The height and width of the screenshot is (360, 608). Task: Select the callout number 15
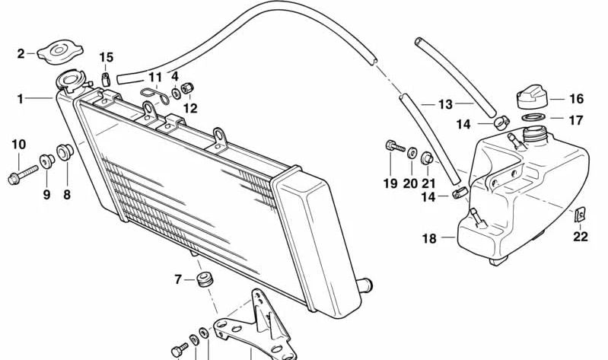pyautogui.click(x=107, y=57)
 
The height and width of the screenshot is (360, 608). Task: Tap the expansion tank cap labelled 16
pyautogui.click(x=532, y=98)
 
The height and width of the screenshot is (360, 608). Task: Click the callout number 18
pyautogui.click(x=429, y=238)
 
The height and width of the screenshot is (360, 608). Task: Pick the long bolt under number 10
pyautogui.click(x=23, y=175)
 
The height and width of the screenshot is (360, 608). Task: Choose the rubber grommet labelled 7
pyautogui.click(x=205, y=279)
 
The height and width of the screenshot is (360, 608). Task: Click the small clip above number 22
pyautogui.click(x=580, y=214)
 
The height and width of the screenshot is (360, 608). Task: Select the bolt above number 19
pyautogui.click(x=396, y=147)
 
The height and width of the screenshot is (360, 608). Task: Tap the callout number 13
pyautogui.click(x=445, y=104)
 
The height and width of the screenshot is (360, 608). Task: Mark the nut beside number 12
pyautogui.click(x=188, y=88)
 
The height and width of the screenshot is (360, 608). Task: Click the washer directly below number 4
pyautogui.click(x=176, y=94)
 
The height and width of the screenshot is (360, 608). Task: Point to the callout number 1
pyautogui.click(x=20, y=99)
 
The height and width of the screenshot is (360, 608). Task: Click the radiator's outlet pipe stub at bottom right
pyautogui.click(x=364, y=285)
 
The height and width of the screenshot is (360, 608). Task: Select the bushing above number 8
pyautogui.click(x=65, y=151)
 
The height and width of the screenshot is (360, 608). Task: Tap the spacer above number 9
pyautogui.click(x=47, y=161)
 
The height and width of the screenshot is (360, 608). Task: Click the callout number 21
pyautogui.click(x=428, y=183)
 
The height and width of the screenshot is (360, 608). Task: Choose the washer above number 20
pyautogui.click(x=412, y=152)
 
